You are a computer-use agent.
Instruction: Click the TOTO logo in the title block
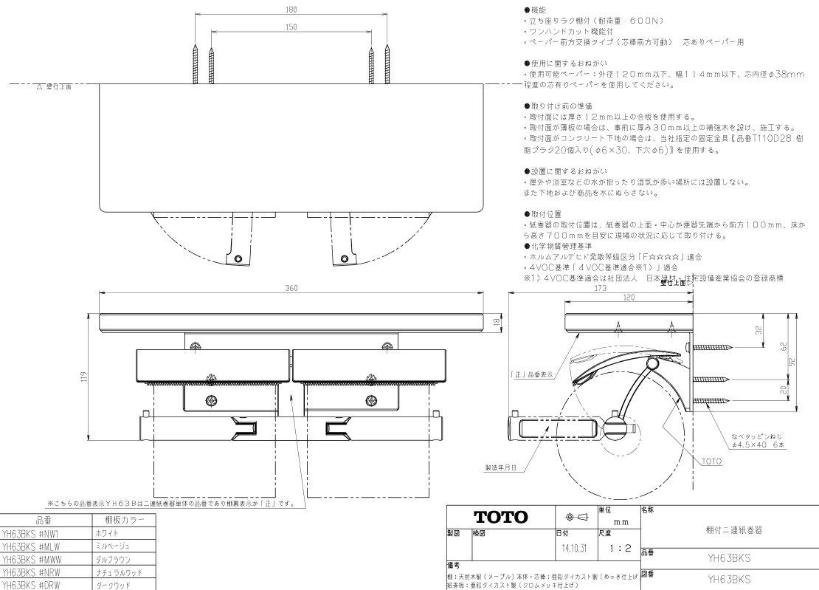click(500, 517)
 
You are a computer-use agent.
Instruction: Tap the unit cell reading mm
click(620, 521)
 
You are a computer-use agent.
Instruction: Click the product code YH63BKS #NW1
click(35, 533)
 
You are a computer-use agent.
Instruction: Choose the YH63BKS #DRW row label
click(35, 584)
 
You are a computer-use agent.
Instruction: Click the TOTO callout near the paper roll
click(711, 462)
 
